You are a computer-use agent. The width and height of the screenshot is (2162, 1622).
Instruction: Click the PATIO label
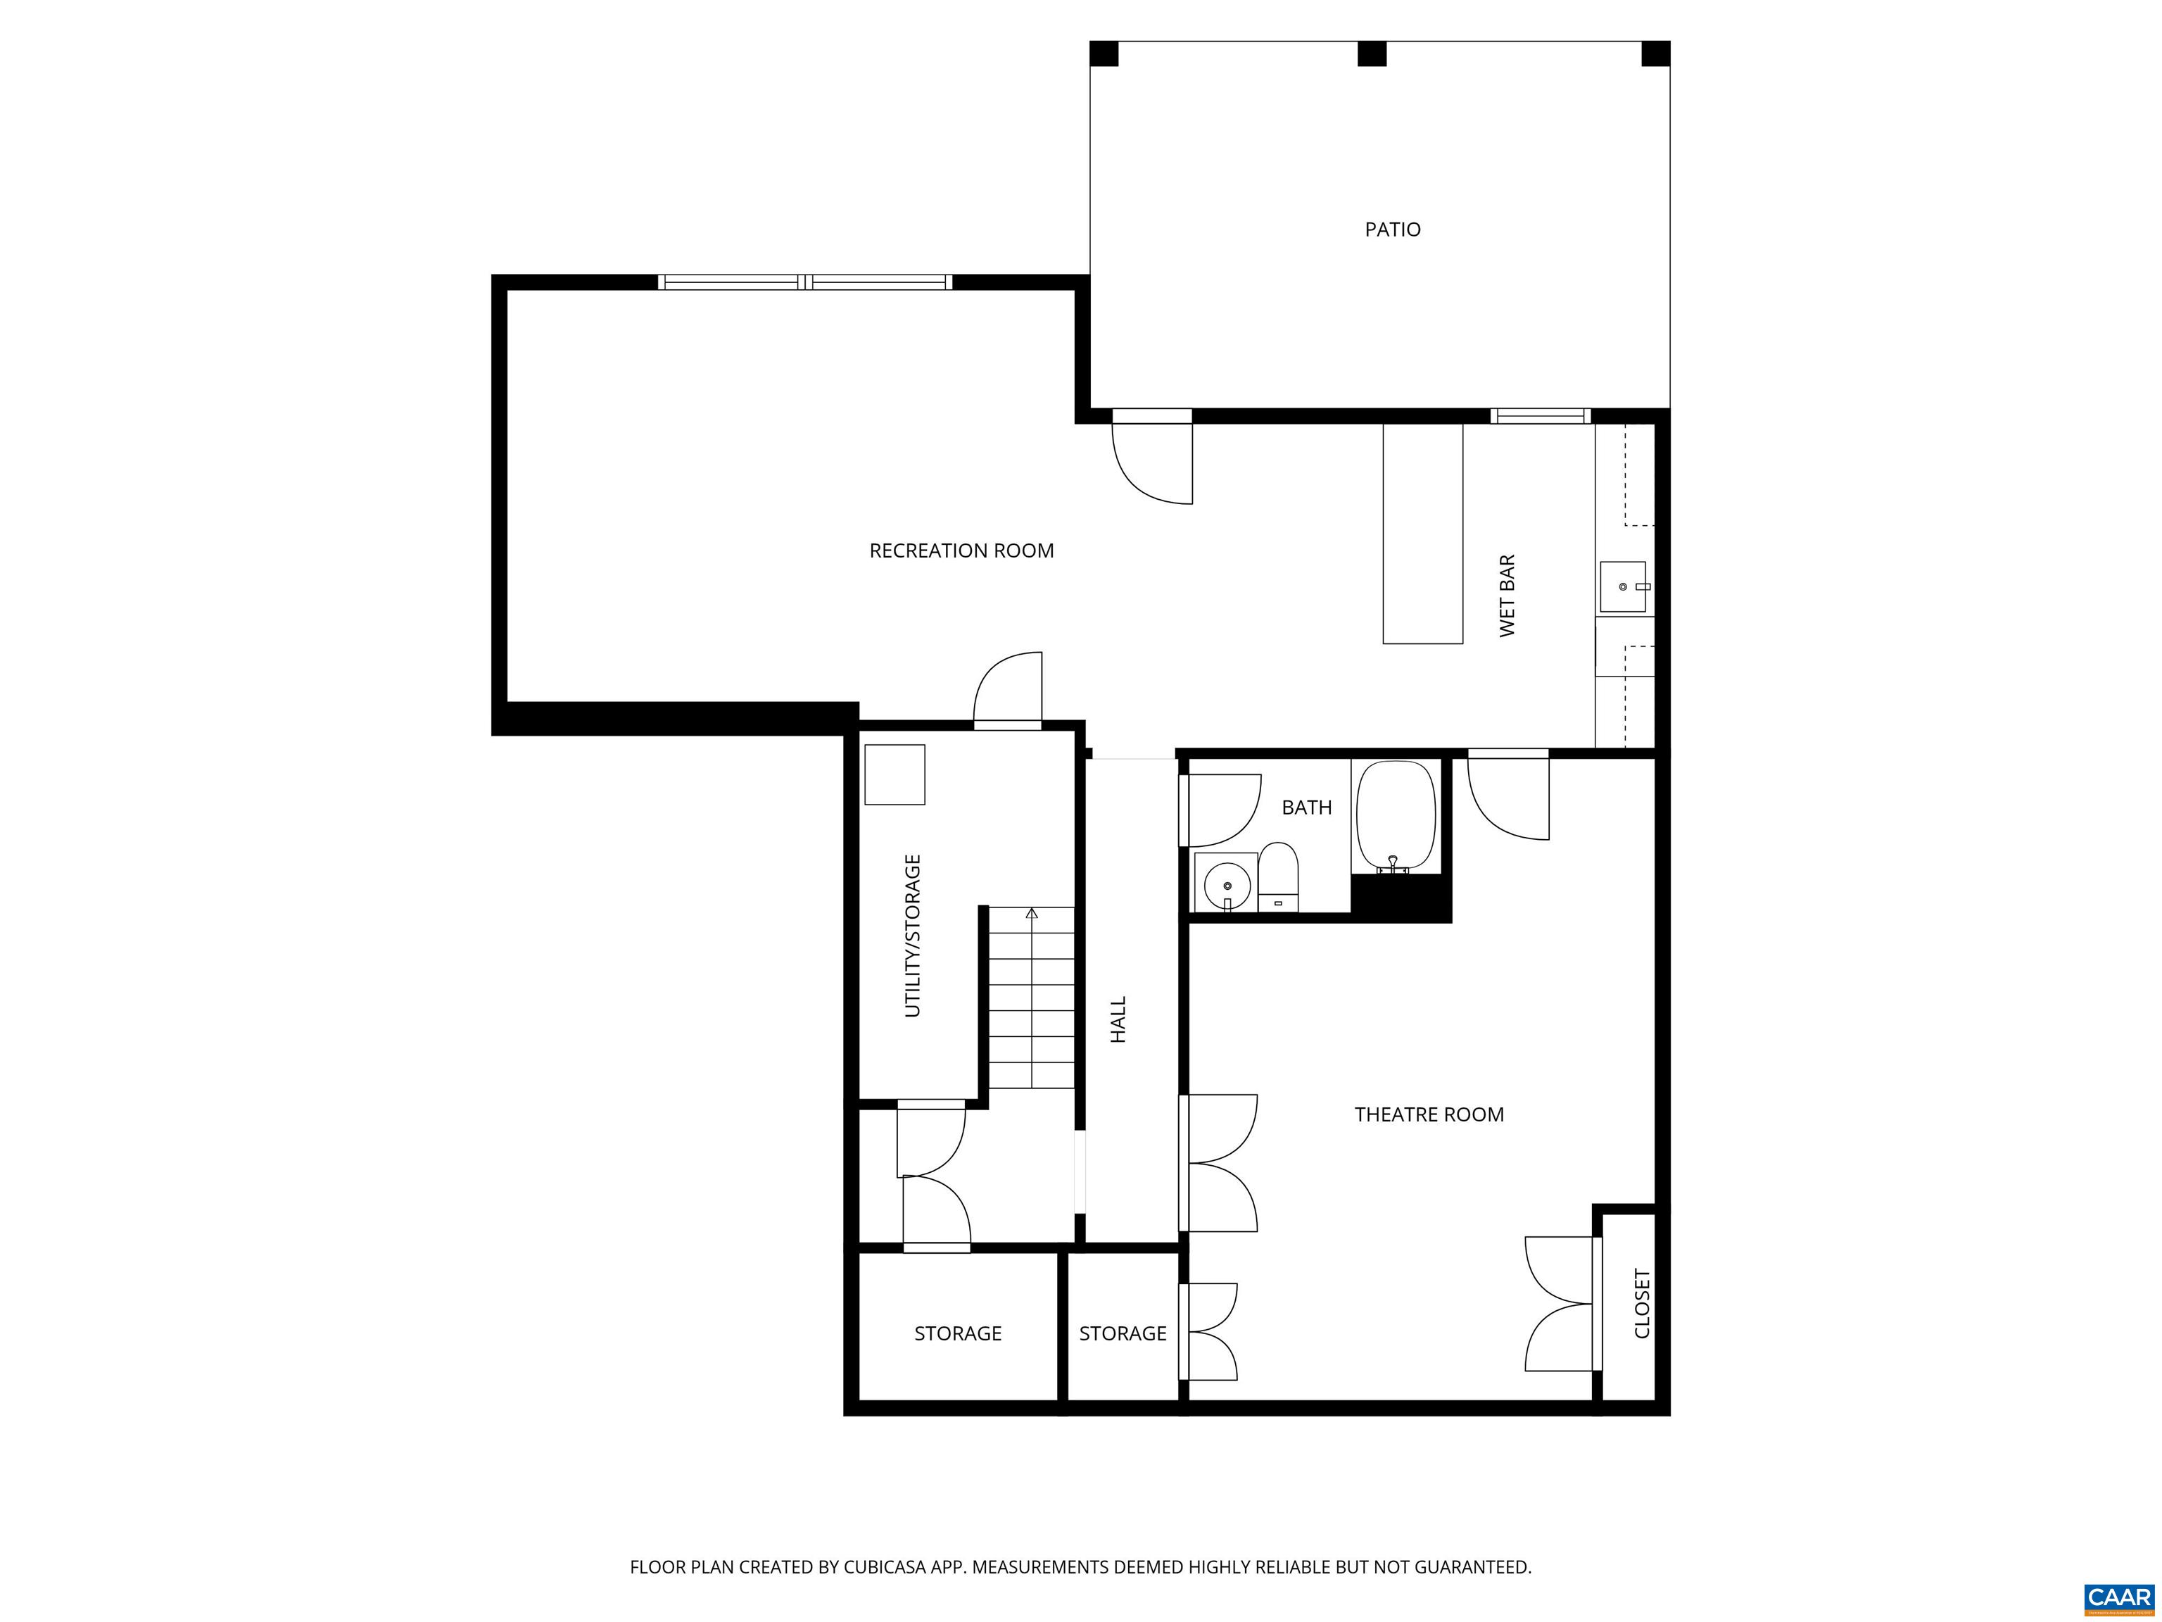(1392, 230)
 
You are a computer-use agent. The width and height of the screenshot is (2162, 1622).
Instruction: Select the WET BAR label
(1507, 596)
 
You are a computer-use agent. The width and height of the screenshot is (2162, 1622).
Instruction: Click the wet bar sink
(1622, 586)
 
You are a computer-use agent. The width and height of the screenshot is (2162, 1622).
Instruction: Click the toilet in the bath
(1277, 875)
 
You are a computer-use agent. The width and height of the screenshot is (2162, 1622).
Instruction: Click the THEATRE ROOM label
(1428, 1114)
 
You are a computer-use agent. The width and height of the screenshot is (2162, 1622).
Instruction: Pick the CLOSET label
(1642, 1303)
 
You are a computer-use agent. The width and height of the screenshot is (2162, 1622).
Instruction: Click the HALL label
(1118, 1020)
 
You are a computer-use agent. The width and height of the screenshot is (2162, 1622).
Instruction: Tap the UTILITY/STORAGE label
(913, 936)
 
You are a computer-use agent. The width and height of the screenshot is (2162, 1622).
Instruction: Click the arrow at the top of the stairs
(1031, 914)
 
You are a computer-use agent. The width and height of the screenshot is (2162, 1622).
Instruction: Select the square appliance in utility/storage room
(894, 774)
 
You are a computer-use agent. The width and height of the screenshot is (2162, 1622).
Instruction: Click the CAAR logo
(2118, 1597)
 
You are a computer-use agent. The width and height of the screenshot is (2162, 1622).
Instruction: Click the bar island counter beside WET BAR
(1422, 533)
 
